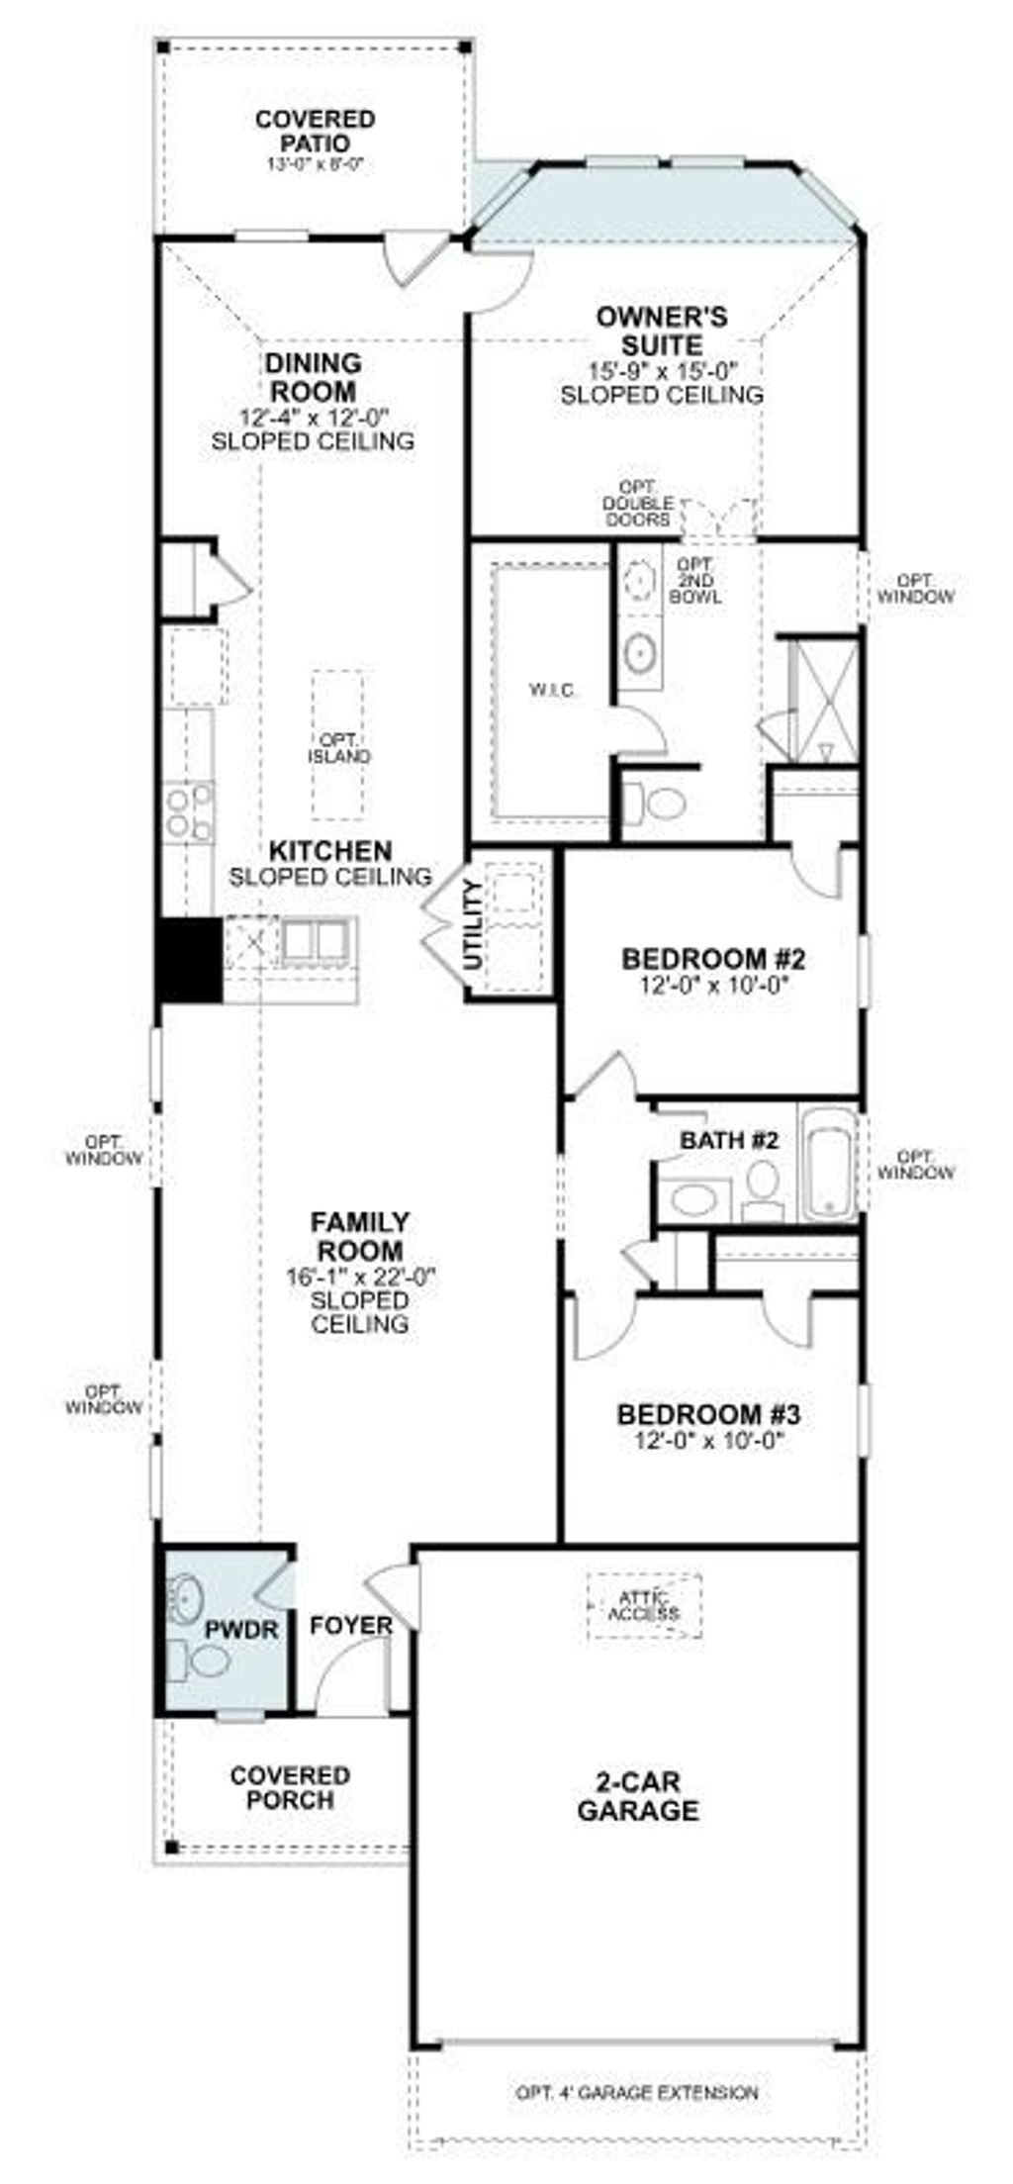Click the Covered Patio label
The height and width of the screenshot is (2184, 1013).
[x=315, y=131]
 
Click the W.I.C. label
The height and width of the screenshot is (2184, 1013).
[x=550, y=690]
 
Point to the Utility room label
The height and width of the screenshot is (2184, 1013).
[x=475, y=924]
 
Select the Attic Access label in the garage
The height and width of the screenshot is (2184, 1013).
[x=644, y=1605]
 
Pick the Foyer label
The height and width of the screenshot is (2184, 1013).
[x=351, y=1626]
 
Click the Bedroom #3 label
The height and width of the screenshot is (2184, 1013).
[x=708, y=1414]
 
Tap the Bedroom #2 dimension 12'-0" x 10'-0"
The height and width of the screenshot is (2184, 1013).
[x=713, y=985]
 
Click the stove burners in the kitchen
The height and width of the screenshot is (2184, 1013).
[x=189, y=811]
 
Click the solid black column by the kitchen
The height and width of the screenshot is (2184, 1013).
[x=189, y=959]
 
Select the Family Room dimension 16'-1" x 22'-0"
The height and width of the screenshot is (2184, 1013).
[x=360, y=1277]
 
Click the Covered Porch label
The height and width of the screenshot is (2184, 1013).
[x=290, y=1787]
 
